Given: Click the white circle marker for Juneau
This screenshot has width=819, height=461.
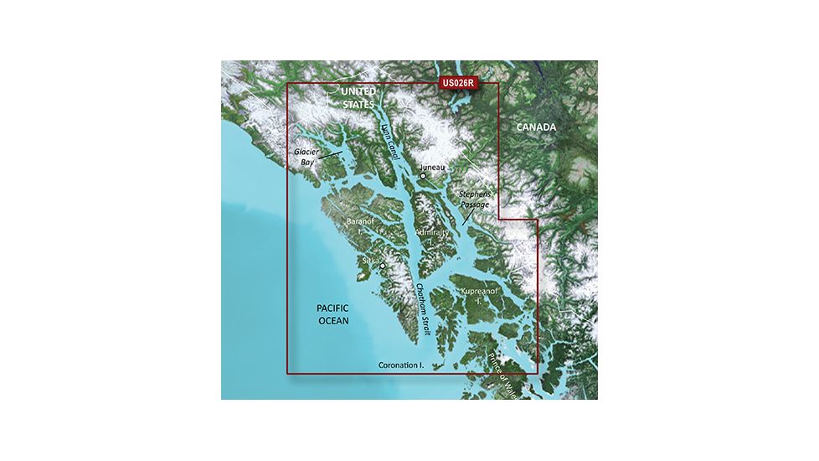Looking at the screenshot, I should pos(424,176).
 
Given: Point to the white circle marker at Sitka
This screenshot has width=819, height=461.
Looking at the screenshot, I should pos(383,267).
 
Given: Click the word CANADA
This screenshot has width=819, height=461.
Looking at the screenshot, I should pos(535,127).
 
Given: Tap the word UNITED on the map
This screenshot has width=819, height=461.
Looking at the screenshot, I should pos(358,91).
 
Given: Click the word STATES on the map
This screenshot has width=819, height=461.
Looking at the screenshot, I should pos(358,104).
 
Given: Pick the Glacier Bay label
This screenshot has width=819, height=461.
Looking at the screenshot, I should pos(306,158).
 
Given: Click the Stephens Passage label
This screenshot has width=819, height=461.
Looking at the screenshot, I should pos(476,199).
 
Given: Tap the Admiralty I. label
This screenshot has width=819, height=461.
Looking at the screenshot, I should pos(432,236).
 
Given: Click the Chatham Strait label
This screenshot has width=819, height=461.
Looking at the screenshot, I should pos(423,309).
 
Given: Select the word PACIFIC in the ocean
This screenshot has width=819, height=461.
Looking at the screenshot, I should pos(332,308).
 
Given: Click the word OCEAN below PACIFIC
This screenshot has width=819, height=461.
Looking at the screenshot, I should pos(332,320).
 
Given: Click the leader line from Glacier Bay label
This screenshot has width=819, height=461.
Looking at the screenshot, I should pos(331,155).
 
